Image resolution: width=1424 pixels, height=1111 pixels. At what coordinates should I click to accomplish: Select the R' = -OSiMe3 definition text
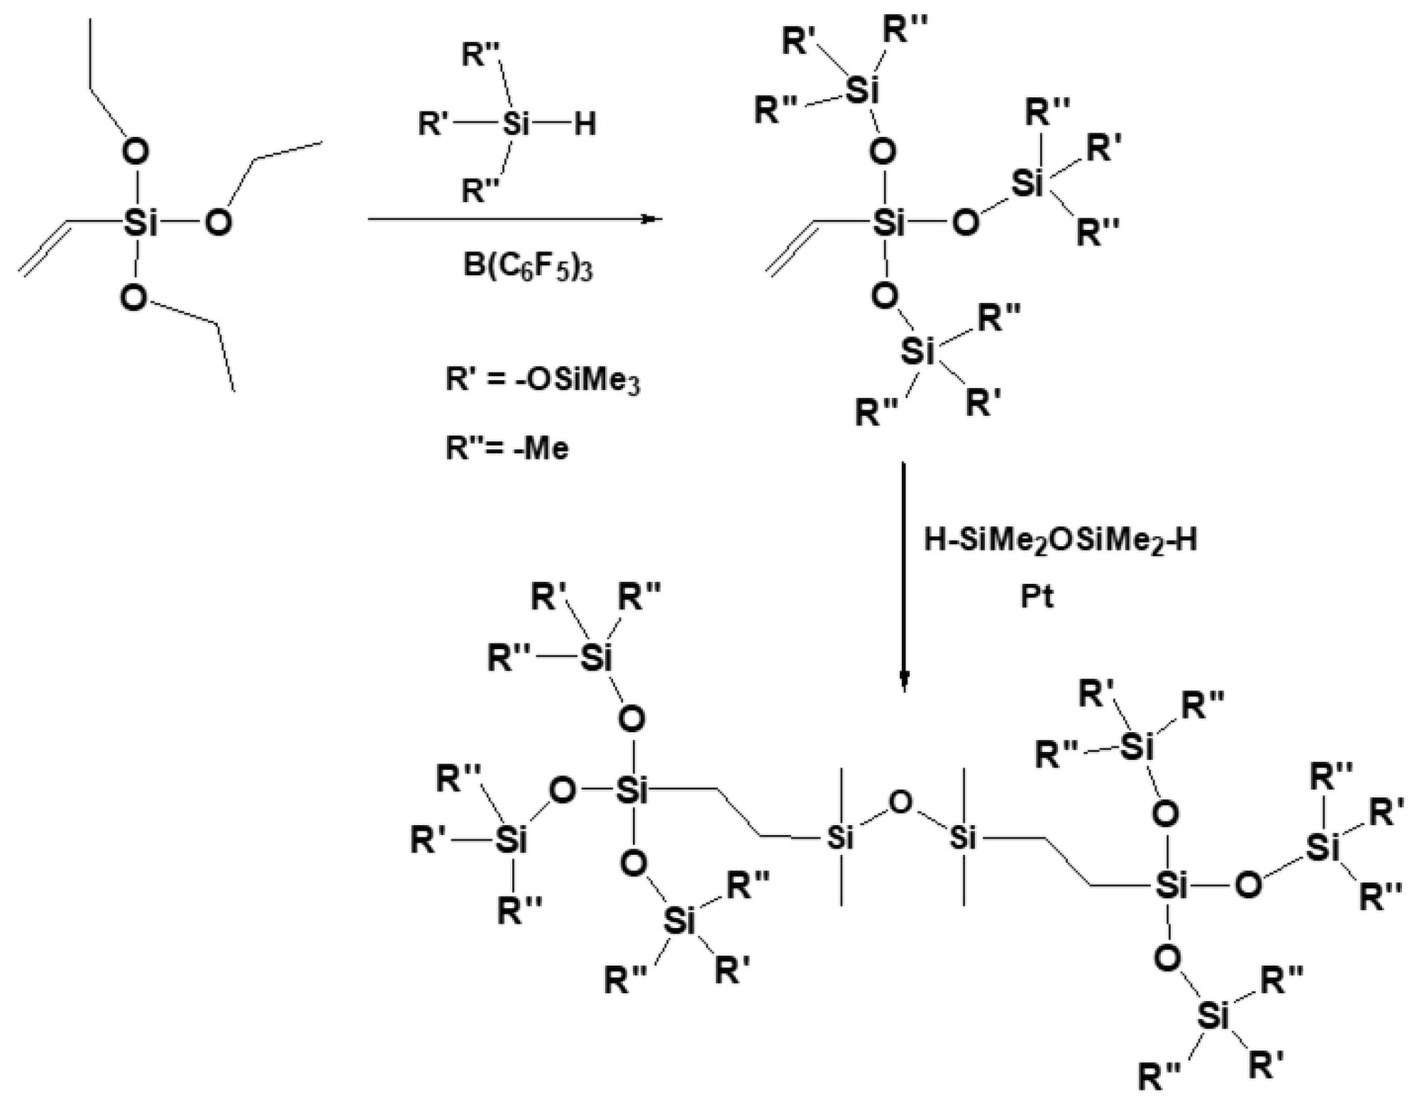pyautogui.click(x=543, y=381)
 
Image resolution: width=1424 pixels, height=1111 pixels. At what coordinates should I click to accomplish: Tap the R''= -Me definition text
pyautogui.click(x=507, y=448)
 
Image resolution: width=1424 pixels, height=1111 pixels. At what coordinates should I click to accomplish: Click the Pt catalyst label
pyautogui.click(x=1037, y=597)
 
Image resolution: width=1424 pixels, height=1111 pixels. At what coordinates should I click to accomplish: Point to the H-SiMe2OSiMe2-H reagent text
pyautogui.click(x=1060, y=541)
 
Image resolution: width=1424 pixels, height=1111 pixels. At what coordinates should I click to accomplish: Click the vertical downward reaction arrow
pyautogui.click(x=903, y=575)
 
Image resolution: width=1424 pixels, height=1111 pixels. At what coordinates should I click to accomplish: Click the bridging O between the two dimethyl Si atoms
pyautogui.click(x=900, y=803)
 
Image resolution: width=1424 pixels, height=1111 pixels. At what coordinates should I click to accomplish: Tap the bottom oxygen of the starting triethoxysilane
pyautogui.click(x=133, y=298)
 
